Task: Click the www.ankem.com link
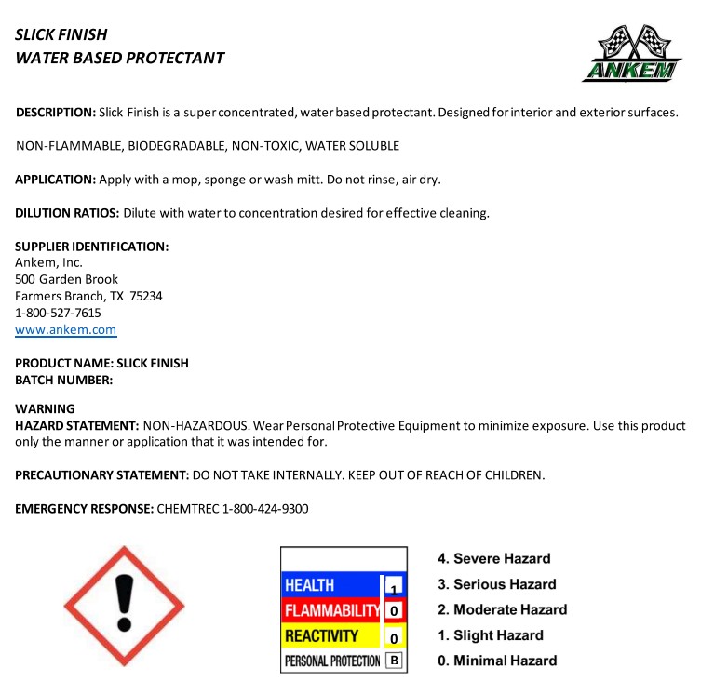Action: coord(65,330)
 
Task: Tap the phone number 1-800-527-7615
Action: coord(58,314)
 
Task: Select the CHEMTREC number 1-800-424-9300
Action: coord(265,509)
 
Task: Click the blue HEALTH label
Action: coord(310,585)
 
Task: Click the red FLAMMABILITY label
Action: coord(331,611)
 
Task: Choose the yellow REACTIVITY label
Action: coord(321,636)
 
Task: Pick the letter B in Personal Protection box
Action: coord(394,661)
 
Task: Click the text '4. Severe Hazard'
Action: coord(494,559)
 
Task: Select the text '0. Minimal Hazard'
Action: coord(497,661)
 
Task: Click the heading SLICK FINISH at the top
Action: coord(61,34)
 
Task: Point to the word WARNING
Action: coord(46,408)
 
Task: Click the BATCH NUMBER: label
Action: coord(63,380)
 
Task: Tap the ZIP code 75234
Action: coord(146,297)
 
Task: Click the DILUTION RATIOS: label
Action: coord(67,213)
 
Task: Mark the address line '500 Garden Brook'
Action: coord(66,279)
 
